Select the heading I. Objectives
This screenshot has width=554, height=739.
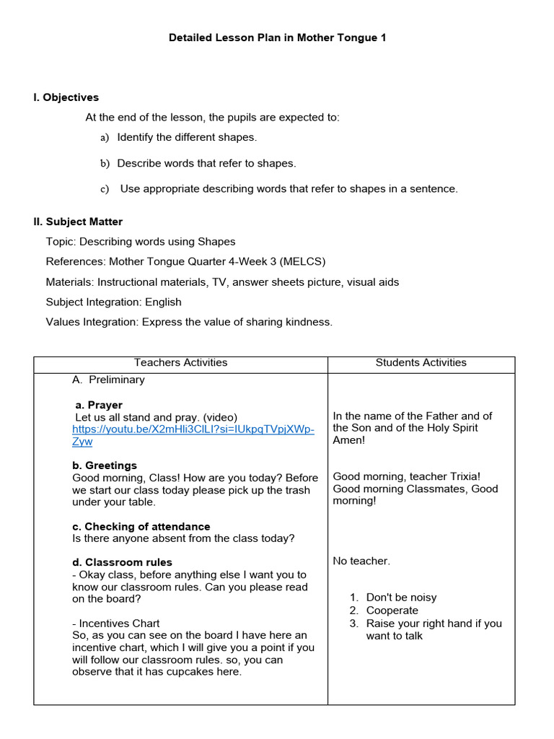coord(66,97)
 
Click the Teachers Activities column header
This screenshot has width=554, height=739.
coord(180,363)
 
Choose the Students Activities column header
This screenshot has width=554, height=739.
coord(421,363)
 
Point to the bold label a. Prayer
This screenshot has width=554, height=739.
coord(99,405)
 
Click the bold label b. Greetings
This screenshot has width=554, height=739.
coord(105,465)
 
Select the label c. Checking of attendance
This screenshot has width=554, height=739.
coord(141,527)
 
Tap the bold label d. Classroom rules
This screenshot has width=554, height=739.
coord(122,562)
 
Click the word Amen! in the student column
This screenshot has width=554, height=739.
coord(349,440)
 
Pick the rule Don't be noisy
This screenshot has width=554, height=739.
coord(401,598)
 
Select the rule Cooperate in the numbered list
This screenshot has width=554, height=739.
coord(392,611)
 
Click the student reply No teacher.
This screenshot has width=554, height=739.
coord(361,561)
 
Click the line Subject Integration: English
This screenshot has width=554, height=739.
coord(113,302)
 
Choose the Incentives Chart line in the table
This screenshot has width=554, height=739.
coord(116,624)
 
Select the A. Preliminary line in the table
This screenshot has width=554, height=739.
coord(108,380)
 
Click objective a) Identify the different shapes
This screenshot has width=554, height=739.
coord(186,137)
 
